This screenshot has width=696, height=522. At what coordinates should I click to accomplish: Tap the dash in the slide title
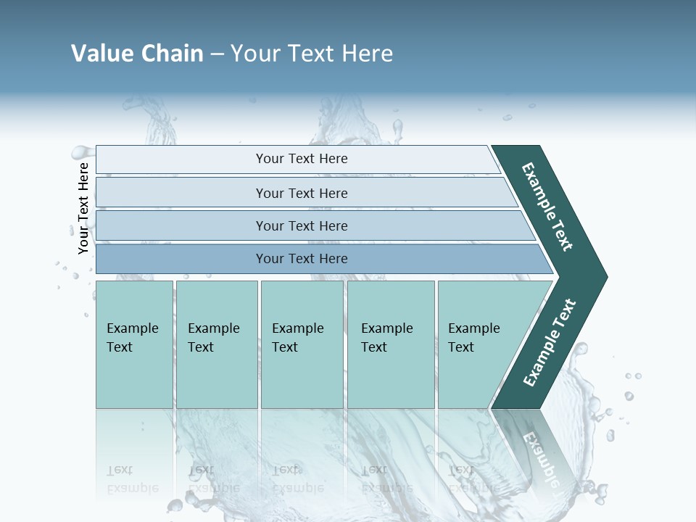pyautogui.click(x=217, y=54)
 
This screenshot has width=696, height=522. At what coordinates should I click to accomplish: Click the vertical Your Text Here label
pyautogui.click(x=83, y=208)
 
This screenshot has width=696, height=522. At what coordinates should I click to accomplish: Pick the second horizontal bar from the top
pyautogui.click(x=301, y=193)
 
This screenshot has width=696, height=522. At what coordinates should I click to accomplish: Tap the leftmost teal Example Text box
pyautogui.click(x=134, y=344)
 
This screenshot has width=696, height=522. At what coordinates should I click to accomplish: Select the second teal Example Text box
pyautogui.click(x=217, y=344)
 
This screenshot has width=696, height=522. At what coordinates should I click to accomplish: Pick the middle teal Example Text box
pyautogui.click(x=302, y=344)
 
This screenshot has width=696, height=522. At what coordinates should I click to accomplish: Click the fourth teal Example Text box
pyautogui.click(x=391, y=344)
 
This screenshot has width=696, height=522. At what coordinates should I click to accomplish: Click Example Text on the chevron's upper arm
pyautogui.click(x=547, y=206)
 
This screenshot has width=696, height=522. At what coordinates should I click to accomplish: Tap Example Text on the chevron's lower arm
pyautogui.click(x=549, y=343)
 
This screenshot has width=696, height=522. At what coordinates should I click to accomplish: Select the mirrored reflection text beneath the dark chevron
pyautogui.click(x=540, y=457)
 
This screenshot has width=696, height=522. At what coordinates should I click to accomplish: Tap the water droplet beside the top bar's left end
pyautogui.click(x=80, y=152)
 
